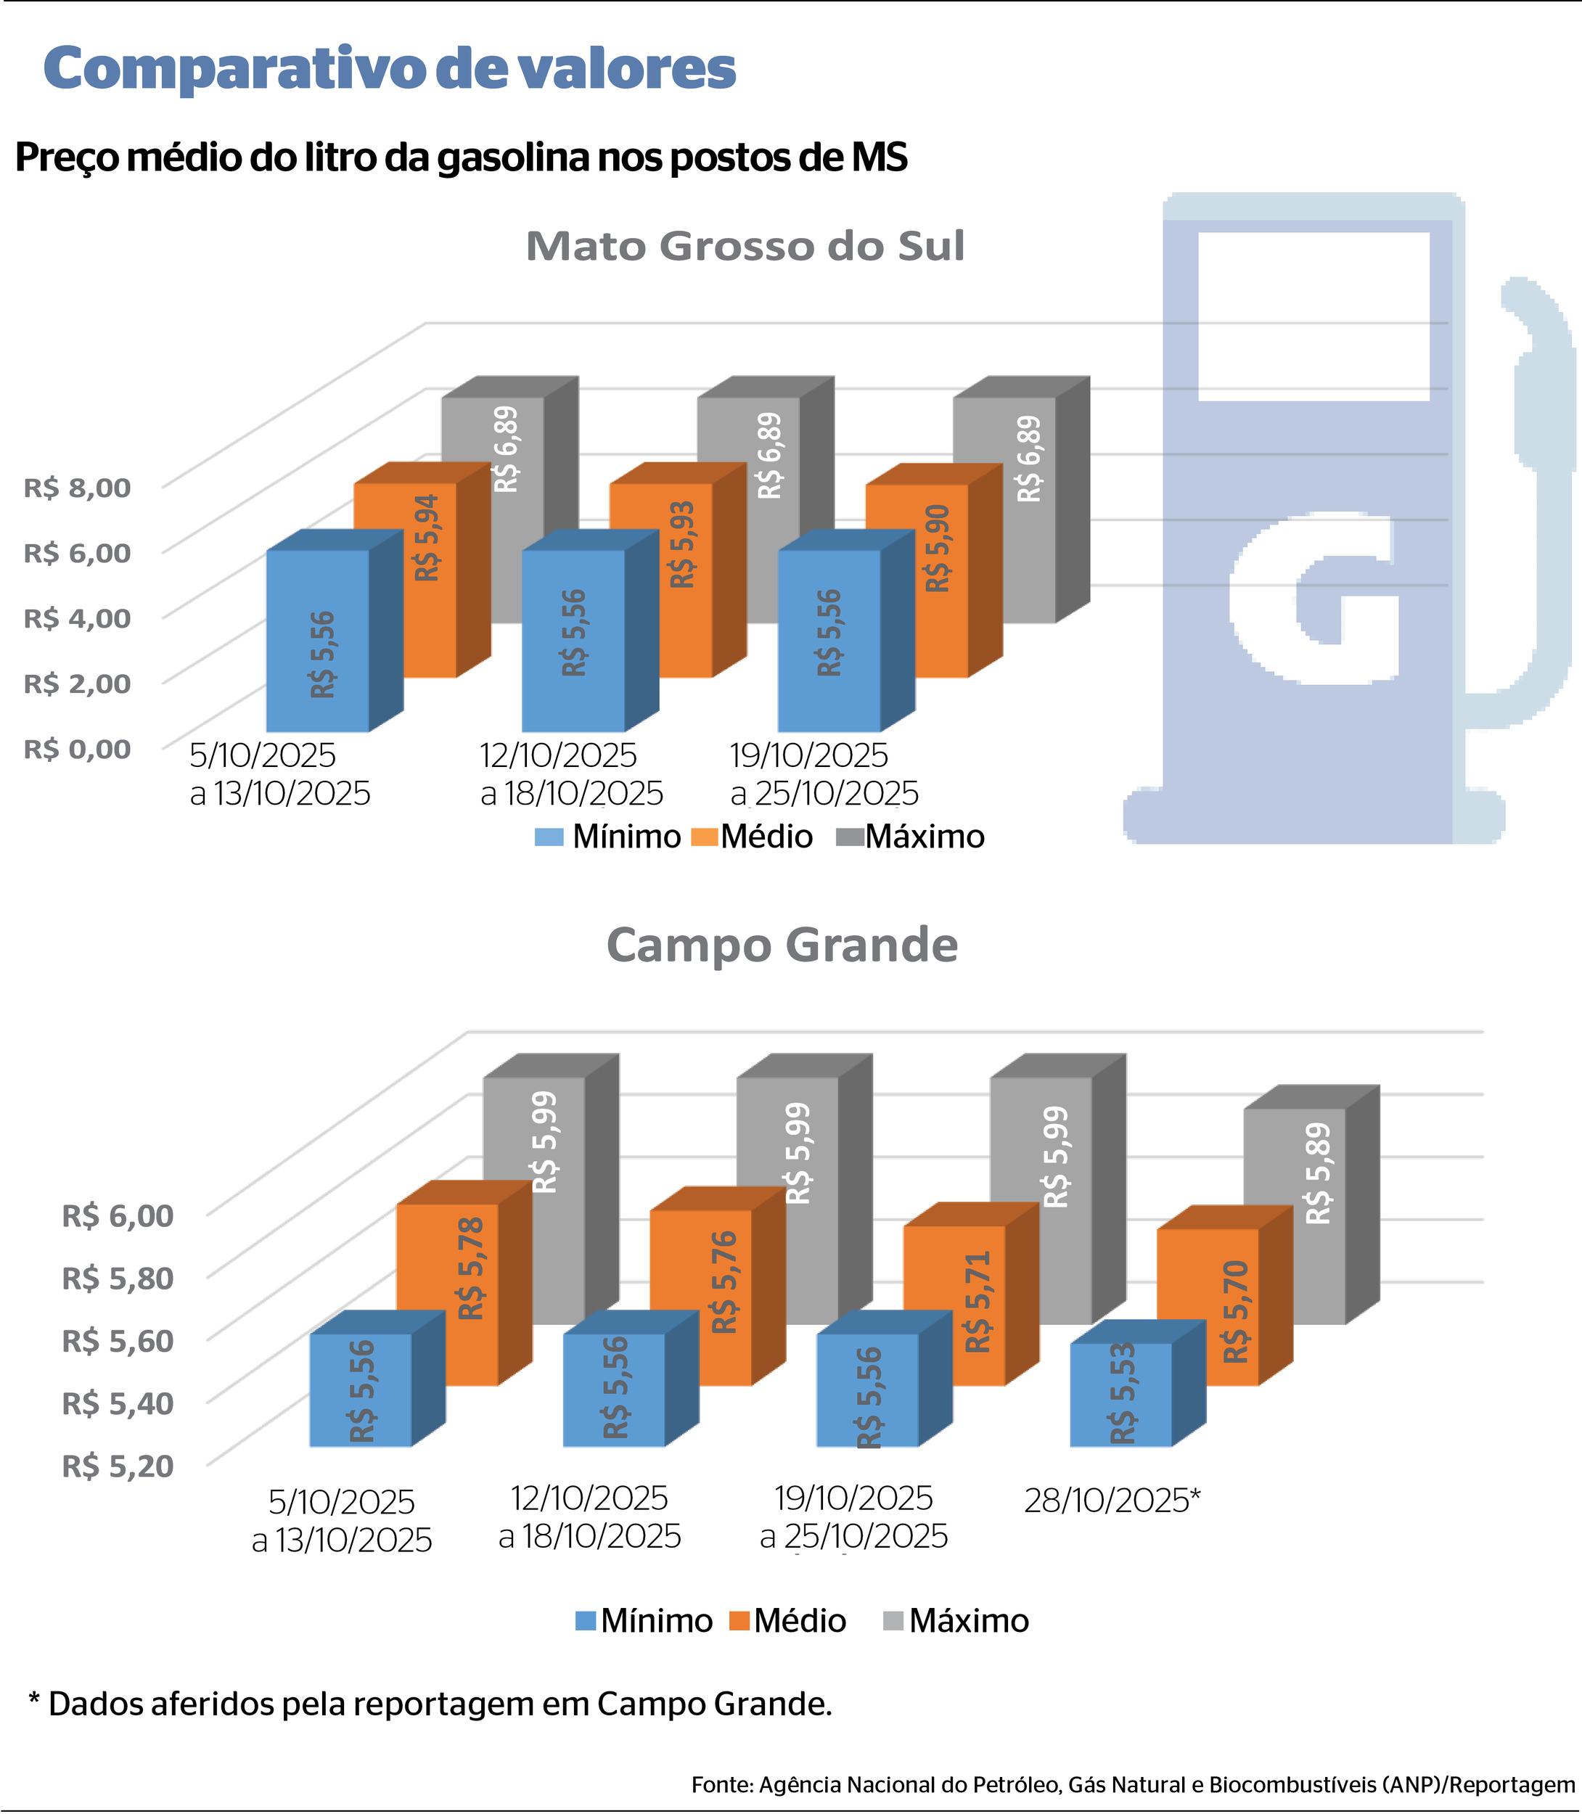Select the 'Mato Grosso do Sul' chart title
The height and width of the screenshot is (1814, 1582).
745,246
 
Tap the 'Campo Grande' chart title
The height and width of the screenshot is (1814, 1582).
782,945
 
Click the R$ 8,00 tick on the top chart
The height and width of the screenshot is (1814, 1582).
77,488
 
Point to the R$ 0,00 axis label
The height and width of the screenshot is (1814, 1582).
77,749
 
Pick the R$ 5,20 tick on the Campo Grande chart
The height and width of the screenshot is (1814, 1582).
118,1466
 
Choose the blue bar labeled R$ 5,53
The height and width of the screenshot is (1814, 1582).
1120,1395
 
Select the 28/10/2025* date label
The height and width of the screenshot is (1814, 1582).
1112,1500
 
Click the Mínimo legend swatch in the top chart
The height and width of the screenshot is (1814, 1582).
548,837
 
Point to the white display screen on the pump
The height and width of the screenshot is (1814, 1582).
1313,316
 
